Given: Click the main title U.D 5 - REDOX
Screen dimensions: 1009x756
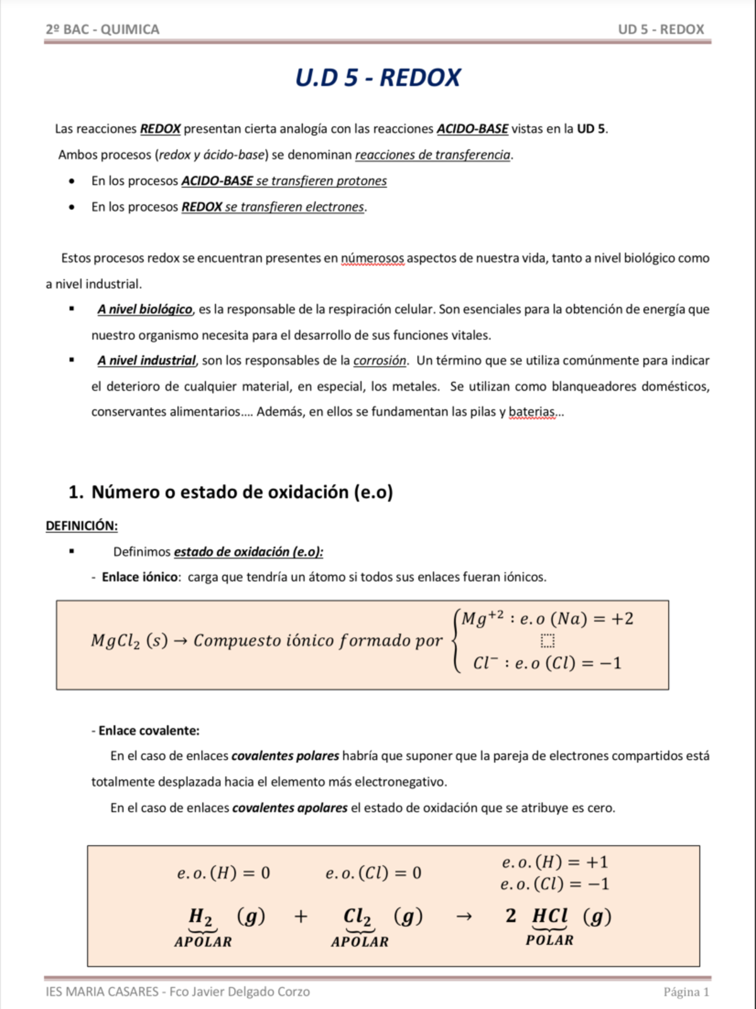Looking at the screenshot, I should click(x=377, y=78).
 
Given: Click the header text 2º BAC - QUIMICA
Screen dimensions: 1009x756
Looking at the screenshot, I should click(x=102, y=29).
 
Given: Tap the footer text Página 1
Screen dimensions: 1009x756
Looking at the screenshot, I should click(x=686, y=992).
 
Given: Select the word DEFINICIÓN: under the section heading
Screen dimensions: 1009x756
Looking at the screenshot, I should click(x=81, y=526).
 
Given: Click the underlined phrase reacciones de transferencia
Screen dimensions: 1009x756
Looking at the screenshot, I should click(x=433, y=155).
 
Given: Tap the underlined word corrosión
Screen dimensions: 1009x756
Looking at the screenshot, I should click(x=380, y=360).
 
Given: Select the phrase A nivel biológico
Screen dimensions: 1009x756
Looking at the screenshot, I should click(x=145, y=309).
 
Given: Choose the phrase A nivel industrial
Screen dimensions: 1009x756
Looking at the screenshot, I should click(x=146, y=360).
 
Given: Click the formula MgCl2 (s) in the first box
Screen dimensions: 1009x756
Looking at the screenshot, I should click(x=129, y=641).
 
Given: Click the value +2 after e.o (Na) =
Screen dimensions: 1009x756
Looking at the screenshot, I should click(x=622, y=619).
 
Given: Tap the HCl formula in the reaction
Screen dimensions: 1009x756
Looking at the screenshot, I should click(x=550, y=916).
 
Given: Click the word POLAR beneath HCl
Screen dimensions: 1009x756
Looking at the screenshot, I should click(x=549, y=940).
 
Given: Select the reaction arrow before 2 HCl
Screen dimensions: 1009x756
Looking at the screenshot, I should click(x=464, y=916).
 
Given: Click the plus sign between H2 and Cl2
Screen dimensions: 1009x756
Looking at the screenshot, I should click(x=301, y=916).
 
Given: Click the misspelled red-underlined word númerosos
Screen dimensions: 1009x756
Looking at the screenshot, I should click(x=372, y=258).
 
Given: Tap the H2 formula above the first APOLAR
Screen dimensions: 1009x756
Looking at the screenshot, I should click(x=201, y=916).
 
